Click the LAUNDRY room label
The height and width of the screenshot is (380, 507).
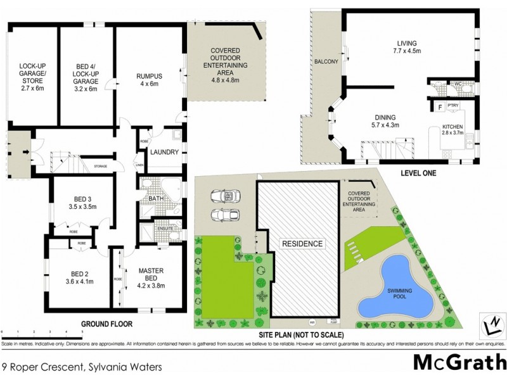[x=164, y=151]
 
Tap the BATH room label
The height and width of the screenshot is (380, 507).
[x=157, y=199]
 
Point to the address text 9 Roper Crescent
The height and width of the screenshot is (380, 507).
[x=82, y=366]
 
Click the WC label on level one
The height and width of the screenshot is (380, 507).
[x=457, y=83]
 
